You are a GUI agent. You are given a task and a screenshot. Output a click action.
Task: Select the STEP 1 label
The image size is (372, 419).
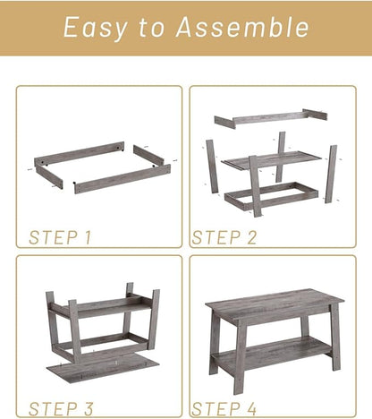tap(60, 237)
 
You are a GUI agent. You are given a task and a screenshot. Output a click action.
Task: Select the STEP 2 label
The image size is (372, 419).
tap(224, 237)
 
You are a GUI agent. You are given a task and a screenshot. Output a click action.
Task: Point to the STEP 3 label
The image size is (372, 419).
tap(60, 408)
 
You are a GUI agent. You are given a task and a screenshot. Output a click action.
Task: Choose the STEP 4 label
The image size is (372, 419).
tap(224, 408)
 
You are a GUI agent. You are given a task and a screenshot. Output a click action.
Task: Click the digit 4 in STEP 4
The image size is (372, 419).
tap(252, 408)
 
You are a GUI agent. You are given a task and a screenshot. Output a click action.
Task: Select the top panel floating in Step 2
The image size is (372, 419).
tap(268, 117)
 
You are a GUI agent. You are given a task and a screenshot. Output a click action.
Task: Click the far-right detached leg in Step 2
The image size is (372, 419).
tap(332, 173)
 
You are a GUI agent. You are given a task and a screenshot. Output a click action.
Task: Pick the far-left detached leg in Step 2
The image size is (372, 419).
tap(212, 166)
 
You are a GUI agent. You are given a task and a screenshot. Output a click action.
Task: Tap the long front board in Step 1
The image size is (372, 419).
tap(121, 178)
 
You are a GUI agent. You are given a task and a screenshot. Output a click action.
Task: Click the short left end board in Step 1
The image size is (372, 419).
tap(49, 172)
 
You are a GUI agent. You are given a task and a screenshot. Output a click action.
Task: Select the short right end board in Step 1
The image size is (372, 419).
tap(148, 155)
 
